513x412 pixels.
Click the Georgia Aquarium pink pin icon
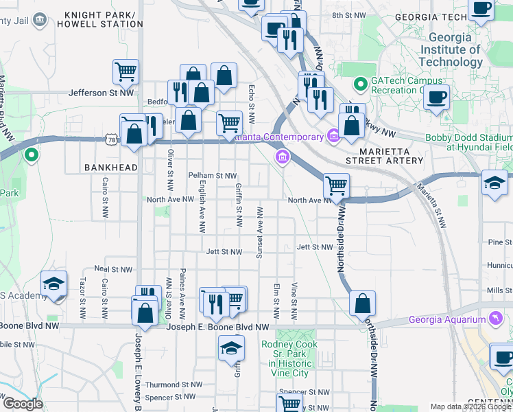coord(493,319)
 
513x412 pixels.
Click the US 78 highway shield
coord(111,139)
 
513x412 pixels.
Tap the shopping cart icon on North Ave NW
coord(336,185)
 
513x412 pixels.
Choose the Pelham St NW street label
coord(212,176)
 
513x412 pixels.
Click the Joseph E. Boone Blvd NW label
coord(217,328)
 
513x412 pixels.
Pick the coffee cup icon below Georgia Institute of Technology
coord(436,97)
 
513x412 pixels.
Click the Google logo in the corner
coord(23,404)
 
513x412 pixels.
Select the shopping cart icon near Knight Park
coord(126,71)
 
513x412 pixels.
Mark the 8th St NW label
coord(347,15)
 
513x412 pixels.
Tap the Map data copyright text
coord(470,407)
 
